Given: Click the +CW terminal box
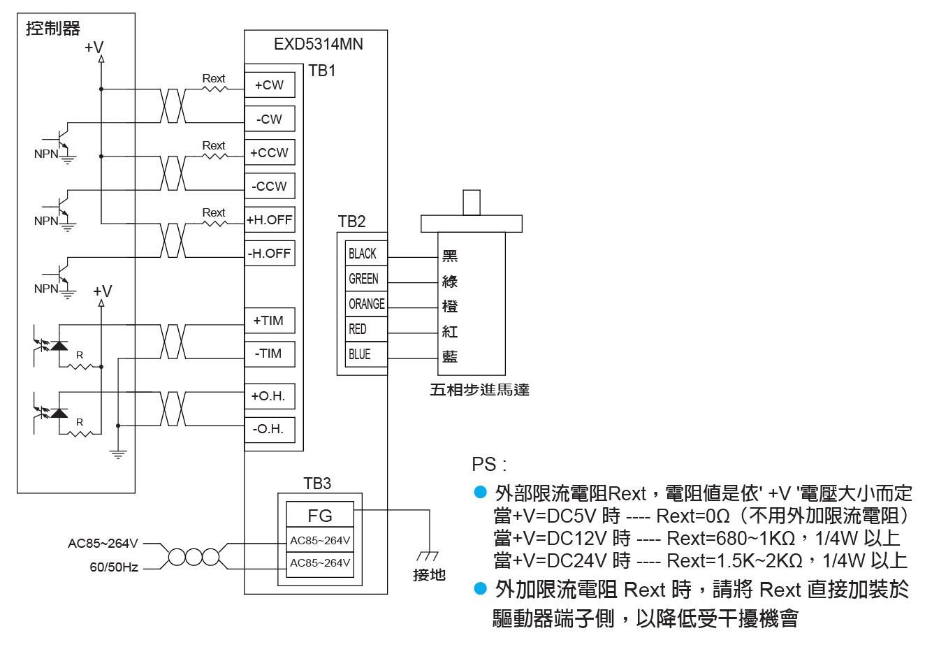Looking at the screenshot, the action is pos(270,85).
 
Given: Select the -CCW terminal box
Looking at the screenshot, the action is pos(270,187).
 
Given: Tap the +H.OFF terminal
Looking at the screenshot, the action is pos(270,219).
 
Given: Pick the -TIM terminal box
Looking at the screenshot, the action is pos(270,354).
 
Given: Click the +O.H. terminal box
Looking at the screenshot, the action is pos(270,396).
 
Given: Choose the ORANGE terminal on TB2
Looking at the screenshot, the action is pos(366,304).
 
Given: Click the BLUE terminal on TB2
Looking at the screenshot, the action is pos(366,354).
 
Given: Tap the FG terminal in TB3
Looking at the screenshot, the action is pos(320,514).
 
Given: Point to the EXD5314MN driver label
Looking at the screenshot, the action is pos(319,45).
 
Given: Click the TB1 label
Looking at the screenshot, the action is pos(322,71).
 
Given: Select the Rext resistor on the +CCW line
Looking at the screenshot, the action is pos(214,156).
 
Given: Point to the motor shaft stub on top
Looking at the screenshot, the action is pos(472,203).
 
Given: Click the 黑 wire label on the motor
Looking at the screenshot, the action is pos(450,256).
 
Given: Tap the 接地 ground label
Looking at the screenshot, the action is pos(430,575).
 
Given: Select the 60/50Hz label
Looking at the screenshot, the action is pos(114,567).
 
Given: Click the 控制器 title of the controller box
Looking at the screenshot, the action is pos(53,29).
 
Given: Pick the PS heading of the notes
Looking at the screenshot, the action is pos(489,465).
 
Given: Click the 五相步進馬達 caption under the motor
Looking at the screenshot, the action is pos(479,390).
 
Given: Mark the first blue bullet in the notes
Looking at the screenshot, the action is pos(480,492).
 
